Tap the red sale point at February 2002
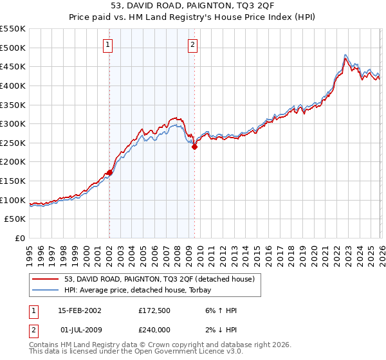pyautogui.click(x=110, y=172)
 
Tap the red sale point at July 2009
pyautogui.click(x=194, y=147)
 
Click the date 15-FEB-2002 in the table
pyautogui.click(x=79, y=310)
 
